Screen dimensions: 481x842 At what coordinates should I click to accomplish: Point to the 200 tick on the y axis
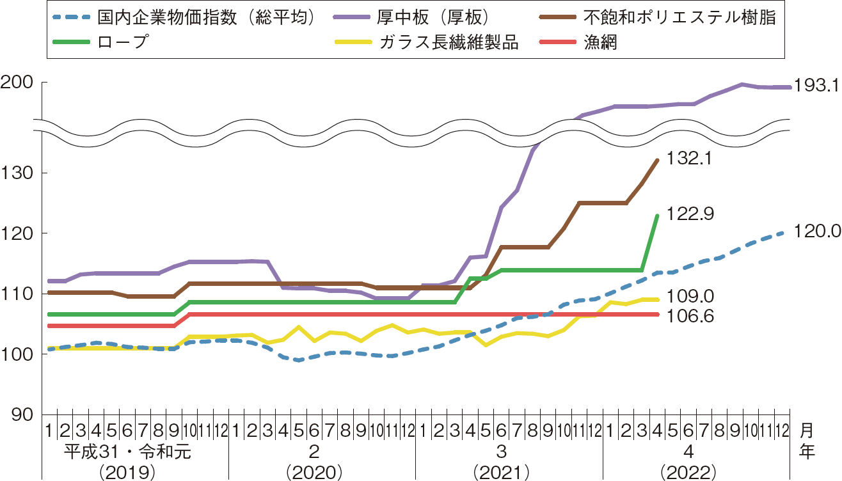click(19, 83)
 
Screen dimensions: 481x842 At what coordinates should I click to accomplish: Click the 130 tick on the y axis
click(19, 173)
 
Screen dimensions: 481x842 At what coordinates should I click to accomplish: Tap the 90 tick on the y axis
click(24, 414)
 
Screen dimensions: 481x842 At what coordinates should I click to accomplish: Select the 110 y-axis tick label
click(19, 294)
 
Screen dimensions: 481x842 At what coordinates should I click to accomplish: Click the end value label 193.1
click(816, 85)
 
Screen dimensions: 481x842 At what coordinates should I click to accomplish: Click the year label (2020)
click(315, 472)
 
